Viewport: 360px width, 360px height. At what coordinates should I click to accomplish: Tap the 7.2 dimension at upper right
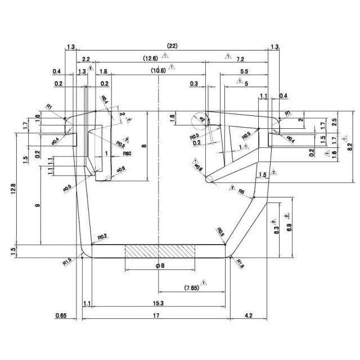[240, 58]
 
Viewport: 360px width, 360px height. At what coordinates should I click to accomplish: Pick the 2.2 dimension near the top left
[86, 58]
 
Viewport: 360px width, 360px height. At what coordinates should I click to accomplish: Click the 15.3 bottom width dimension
[158, 304]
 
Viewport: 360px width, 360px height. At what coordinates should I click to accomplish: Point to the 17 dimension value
[155, 316]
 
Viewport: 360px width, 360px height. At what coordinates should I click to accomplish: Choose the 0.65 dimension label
[61, 316]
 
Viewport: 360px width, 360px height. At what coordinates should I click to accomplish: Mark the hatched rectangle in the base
[160, 250]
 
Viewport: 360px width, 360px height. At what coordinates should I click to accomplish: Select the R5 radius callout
[241, 192]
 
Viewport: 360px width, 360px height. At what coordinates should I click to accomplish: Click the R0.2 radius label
[102, 237]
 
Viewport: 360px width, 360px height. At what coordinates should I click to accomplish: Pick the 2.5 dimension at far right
[335, 121]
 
